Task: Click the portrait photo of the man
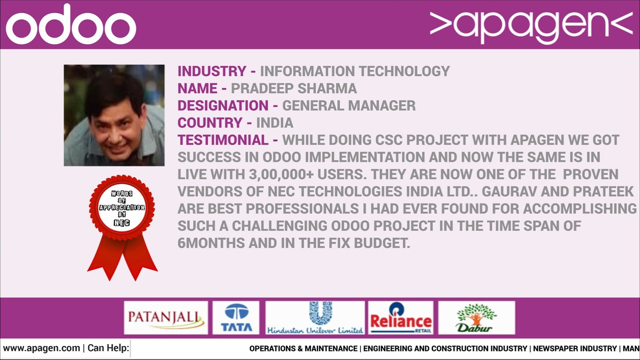114,115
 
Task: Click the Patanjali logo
165,317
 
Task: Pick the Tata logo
236,317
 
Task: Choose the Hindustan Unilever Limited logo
315,317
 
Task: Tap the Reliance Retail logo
400,317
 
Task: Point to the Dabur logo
476,317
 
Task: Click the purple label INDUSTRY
212,71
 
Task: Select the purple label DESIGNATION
223,106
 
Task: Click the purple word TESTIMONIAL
223,140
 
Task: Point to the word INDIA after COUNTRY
274,123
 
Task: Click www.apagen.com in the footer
41,348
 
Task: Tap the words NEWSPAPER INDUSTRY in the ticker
574,348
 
